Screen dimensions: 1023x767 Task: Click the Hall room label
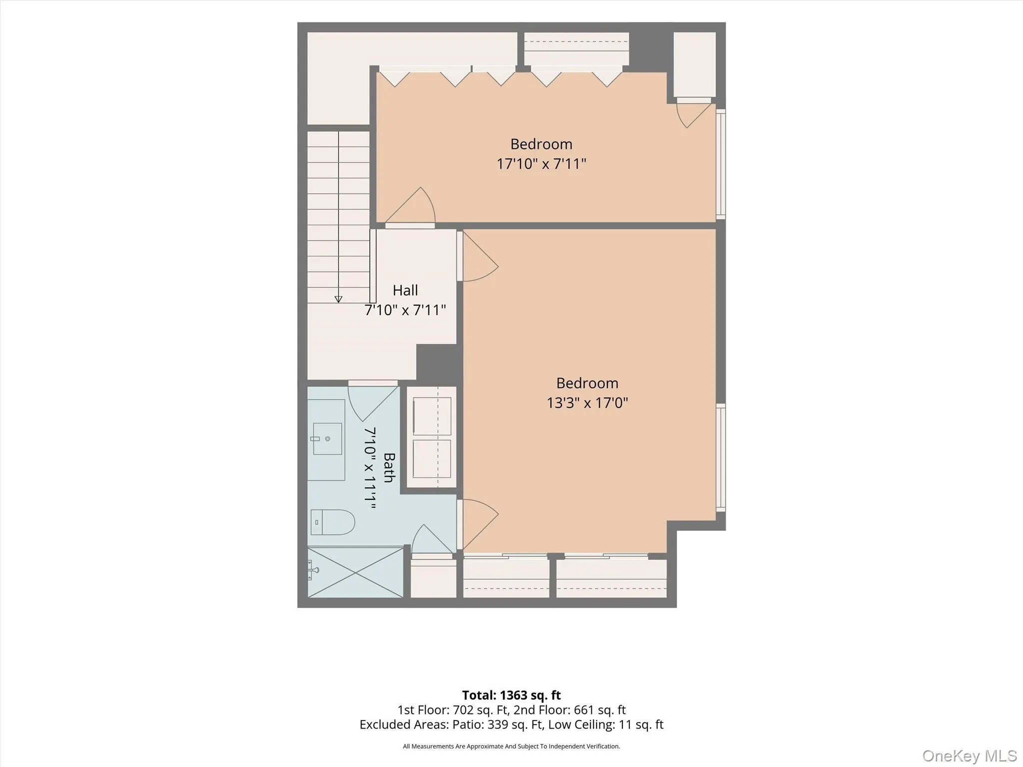tap(405, 290)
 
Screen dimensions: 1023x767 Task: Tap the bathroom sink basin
tap(327, 439)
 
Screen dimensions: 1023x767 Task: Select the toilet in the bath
tap(333, 522)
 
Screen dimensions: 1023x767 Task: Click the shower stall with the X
tap(355, 572)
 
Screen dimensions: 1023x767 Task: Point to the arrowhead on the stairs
tap(338, 299)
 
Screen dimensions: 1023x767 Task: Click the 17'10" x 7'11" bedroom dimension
tap(541, 164)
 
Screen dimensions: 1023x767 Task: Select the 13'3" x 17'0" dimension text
tap(587, 403)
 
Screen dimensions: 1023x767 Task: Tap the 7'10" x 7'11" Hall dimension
tap(405, 310)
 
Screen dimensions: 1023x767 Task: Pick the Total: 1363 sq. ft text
tap(511, 695)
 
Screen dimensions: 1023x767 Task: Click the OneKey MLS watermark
tap(970, 756)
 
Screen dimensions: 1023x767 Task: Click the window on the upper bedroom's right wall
tap(720, 164)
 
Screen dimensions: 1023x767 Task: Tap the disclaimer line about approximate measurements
tap(511, 747)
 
